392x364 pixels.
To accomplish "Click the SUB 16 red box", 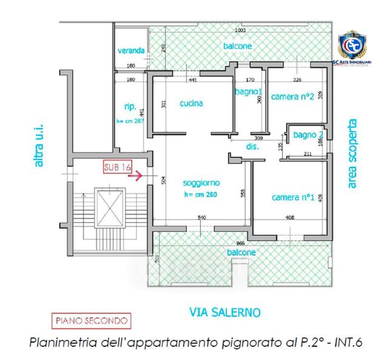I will point(118,166).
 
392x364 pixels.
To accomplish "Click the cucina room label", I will point(191,103).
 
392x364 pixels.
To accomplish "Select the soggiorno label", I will point(201,182).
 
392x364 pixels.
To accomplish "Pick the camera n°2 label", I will point(291,96).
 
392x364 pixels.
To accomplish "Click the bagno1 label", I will point(247,91).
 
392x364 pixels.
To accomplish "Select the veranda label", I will point(131,50).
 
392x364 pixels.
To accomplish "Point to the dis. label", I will point(253,147).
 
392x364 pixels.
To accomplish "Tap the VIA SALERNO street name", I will point(225,312).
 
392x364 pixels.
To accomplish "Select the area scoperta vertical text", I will point(353,153).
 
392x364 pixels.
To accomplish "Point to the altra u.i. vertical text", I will point(40,146).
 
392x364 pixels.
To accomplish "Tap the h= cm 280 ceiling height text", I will point(201,195).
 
